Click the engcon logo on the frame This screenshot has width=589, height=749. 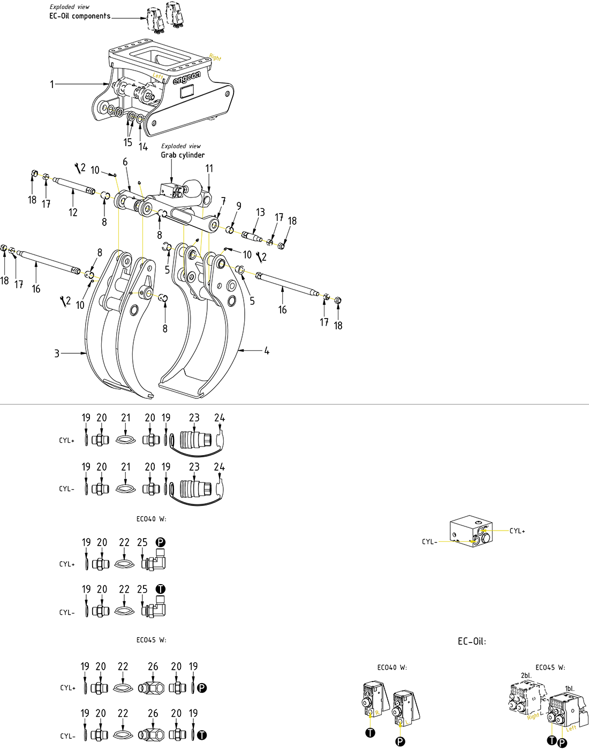click(x=187, y=79)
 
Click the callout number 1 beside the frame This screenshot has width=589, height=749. click(x=52, y=84)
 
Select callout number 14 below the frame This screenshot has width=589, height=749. click(x=143, y=147)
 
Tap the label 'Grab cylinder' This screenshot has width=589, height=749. click(x=183, y=155)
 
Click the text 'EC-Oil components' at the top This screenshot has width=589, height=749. click(x=80, y=16)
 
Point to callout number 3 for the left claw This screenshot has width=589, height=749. click(x=57, y=353)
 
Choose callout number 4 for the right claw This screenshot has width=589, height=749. click(x=267, y=351)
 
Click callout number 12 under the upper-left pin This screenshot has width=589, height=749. click(x=73, y=213)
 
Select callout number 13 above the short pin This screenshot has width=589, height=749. click(x=260, y=212)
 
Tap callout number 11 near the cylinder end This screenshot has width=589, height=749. click(x=209, y=169)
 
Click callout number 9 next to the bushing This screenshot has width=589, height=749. click(x=239, y=206)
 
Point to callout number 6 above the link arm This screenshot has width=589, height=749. click(x=125, y=162)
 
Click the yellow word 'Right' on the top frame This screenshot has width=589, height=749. click(x=215, y=57)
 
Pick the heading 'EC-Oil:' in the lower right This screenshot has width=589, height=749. click(x=472, y=641)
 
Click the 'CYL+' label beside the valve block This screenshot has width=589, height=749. click(x=517, y=531)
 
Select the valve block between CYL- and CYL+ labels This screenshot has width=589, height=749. click(x=471, y=532)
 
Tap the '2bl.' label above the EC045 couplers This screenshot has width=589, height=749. click(x=526, y=675)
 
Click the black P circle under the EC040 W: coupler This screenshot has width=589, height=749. click(x=401, y=742)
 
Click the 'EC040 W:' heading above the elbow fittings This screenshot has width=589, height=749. click(x=152, y=519)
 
